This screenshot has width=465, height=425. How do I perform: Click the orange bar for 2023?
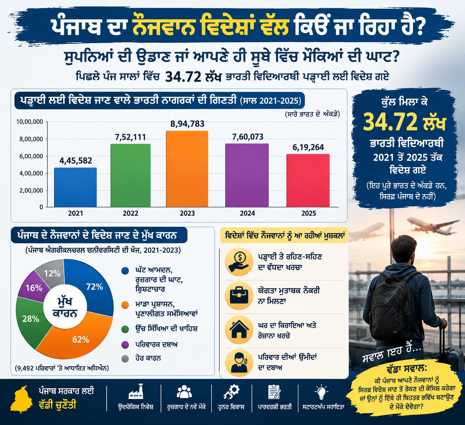(x=187, y=169)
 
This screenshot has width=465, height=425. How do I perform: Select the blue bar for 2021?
(x=75, y=188)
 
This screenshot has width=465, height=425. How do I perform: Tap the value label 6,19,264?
(x=308, y=147)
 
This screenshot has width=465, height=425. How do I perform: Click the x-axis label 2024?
(x=247, y=213)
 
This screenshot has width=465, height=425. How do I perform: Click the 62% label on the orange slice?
(x=81, y=340)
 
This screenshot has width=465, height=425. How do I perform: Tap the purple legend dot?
(x=125, y=345)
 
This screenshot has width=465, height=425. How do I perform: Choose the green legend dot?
(x=125, y=329)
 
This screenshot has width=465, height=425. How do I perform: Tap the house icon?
(x=239, y=329)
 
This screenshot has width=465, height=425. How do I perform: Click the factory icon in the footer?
(x=136, y=392)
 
